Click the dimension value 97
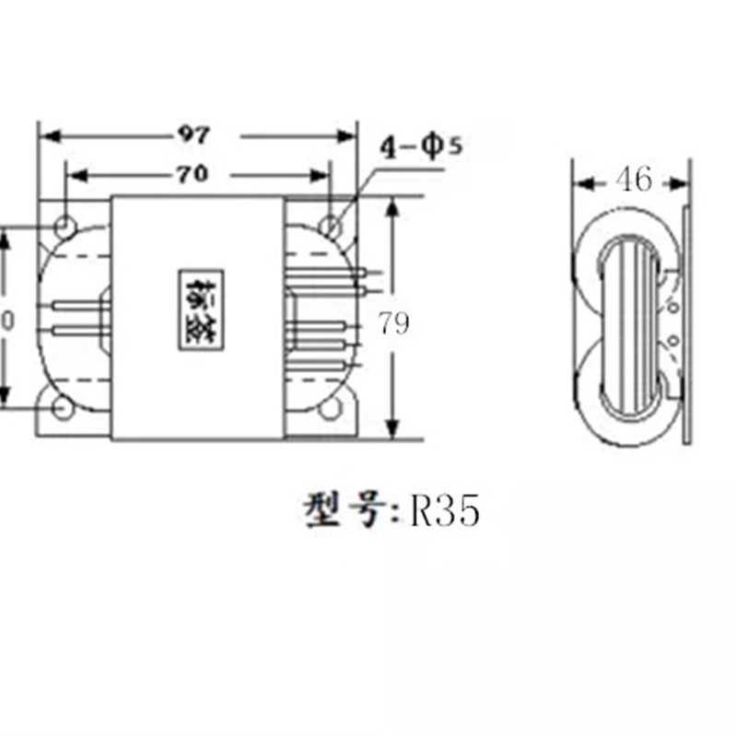point(193,135)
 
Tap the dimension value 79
point(393,323)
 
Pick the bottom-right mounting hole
point(328,410)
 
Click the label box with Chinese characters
point(200,310)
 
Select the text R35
point(445,511)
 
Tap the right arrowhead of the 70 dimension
point(322,175)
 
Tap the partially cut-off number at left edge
point(6,320)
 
